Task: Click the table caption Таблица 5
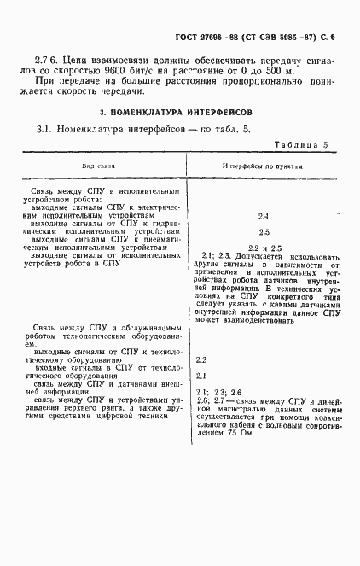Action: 300,146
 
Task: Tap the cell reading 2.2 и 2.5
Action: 263,246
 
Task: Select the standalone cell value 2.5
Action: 263,231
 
